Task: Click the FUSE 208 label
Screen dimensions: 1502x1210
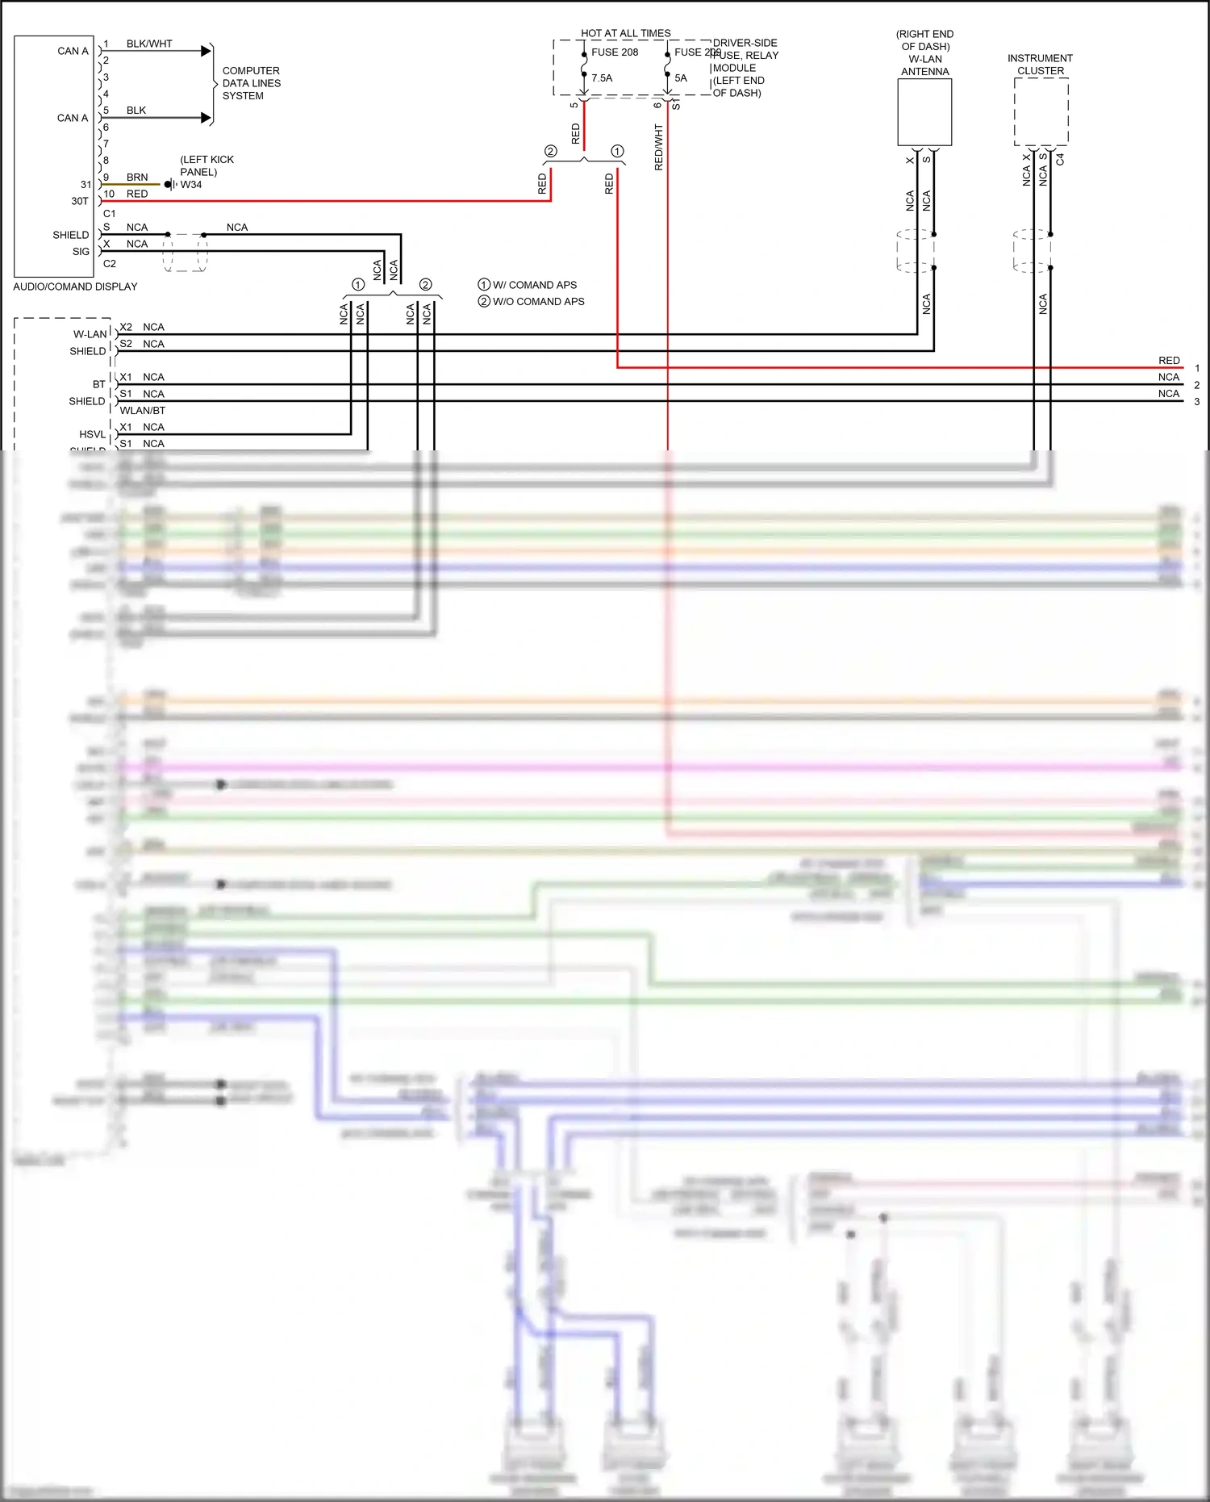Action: click(614, 52)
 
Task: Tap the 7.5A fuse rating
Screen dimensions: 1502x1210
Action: click(602, 78)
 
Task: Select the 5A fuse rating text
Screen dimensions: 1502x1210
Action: click(681, 78)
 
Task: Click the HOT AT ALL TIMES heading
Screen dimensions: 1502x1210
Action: click(625, 33)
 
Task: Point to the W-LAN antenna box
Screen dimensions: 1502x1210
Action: click(924, 112)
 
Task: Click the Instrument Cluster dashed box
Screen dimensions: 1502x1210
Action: click(1041, 112)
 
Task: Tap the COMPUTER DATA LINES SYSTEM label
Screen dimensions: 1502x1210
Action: click(251, 83)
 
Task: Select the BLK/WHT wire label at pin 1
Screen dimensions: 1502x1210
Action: click(149, 44)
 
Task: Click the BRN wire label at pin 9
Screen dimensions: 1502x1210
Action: click(137, 177)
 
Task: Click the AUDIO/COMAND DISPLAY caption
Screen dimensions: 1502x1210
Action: click(75, 287)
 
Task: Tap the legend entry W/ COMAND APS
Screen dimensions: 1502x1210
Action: click(534, 285)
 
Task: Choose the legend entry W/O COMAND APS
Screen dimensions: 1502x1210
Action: click(538, 301)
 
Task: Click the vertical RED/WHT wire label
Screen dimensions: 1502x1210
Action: click(658, 147)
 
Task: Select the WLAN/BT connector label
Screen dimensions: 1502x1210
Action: click(143, 410)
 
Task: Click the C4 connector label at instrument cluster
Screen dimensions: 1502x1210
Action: click(1060, 160)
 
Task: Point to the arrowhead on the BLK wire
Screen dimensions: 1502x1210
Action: click(206, 118)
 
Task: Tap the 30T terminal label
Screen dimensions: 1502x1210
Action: click(79, 201)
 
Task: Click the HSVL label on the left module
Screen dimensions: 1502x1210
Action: click(92, 434)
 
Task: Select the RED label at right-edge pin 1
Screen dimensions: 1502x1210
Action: click(1168, 360)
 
